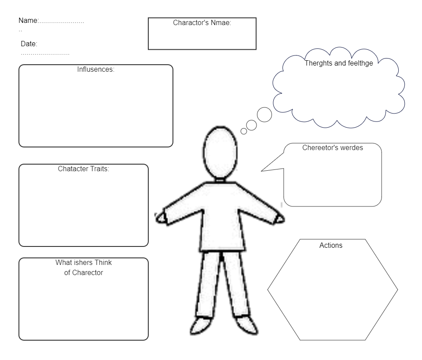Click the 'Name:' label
[29, 20]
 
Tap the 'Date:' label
[29, 44]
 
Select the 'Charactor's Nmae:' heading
[202, 22]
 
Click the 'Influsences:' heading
[96, 70]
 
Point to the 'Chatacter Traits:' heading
[84, 169]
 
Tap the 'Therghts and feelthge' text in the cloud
[338, 63]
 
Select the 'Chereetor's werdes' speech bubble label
[332, 147]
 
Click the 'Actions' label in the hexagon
[331, 245]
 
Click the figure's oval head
[220, 152]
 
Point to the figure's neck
[220, 180]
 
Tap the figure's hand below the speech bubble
[280, 219]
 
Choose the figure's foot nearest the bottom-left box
[201, 326]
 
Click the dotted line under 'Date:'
[45, 54]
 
